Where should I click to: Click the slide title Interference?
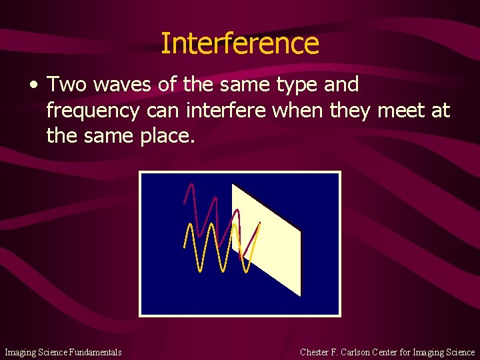(240, 43)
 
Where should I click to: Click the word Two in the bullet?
(63, 85)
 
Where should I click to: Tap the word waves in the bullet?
(114, 85)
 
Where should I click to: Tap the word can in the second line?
(164, 110)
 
